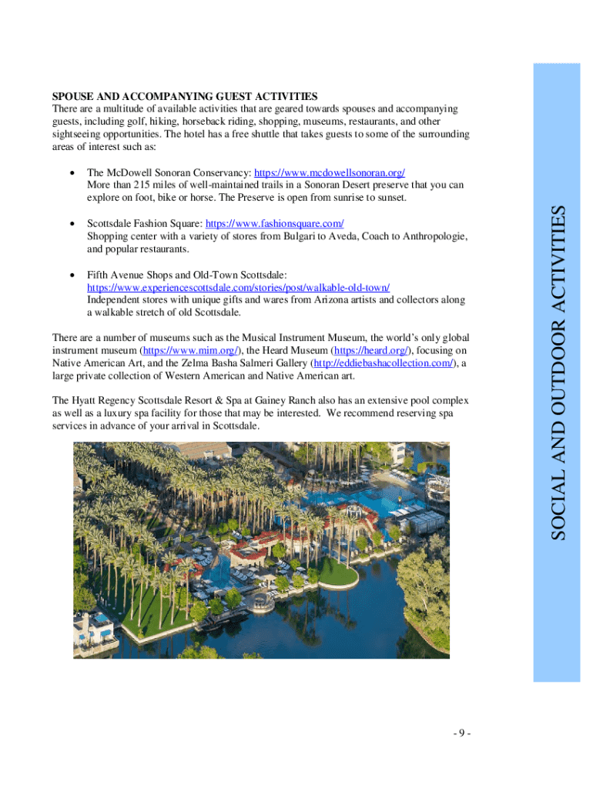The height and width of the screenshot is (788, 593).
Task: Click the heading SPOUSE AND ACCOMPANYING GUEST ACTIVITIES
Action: click(184, 96)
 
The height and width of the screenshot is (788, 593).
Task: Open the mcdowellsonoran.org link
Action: click(330, 172)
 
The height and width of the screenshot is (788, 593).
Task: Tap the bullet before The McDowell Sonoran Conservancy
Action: click(72, 172)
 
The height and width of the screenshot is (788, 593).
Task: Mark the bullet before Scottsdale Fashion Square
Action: click(72, 224)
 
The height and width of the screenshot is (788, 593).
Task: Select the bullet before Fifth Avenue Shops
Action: click(72, 275)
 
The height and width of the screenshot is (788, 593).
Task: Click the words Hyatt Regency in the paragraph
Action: click(111, 401)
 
